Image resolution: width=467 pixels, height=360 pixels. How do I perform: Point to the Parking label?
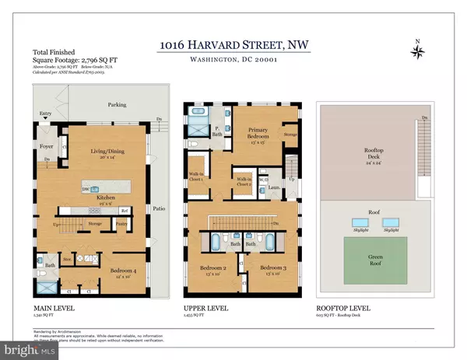[x=118, y=104]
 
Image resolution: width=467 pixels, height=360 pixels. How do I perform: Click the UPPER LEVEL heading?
[x=205, y=308]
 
